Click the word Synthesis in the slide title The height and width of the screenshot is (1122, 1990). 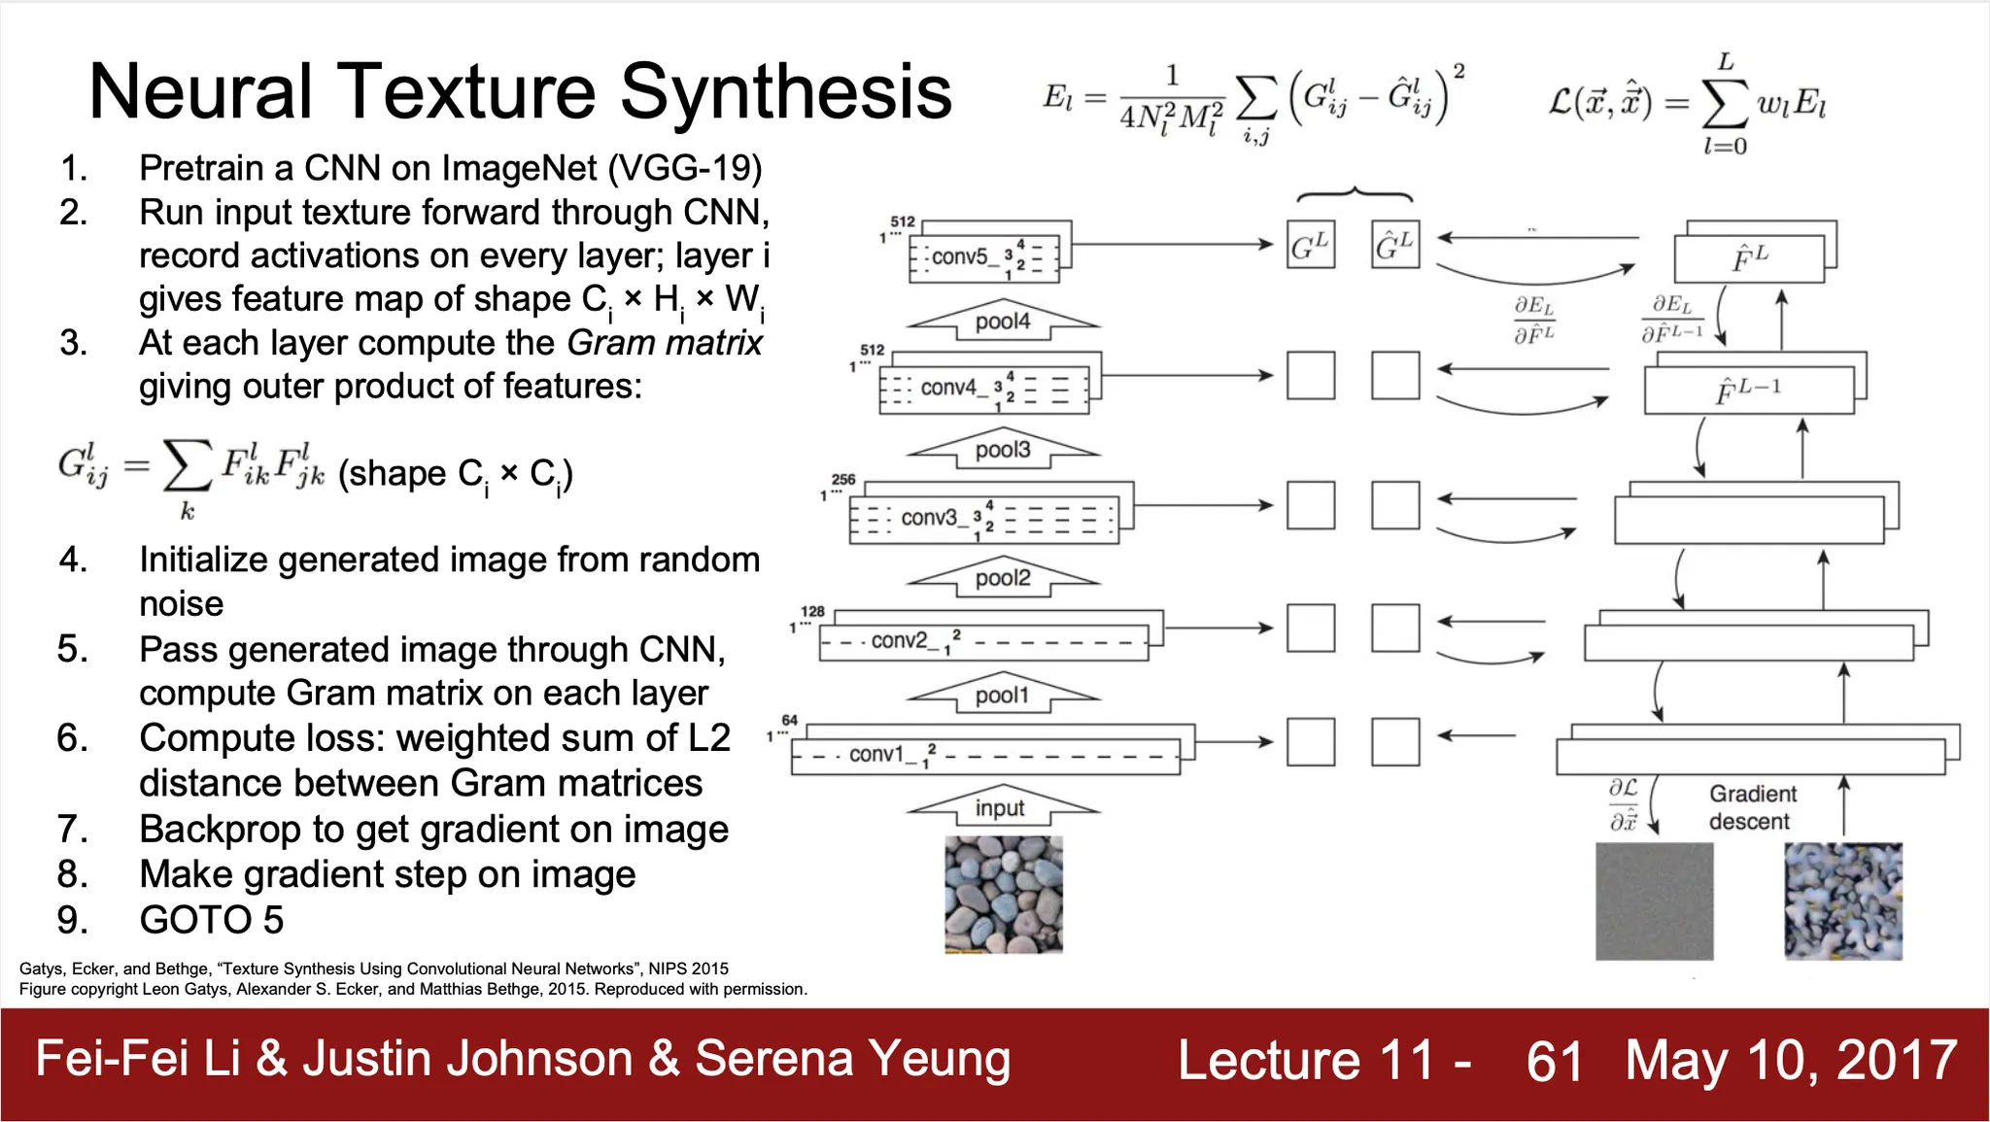[786, 92]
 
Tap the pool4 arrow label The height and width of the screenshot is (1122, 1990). [1002, 322]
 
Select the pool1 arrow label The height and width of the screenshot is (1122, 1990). [1002, 696]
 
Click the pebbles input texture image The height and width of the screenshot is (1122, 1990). [1004, 894]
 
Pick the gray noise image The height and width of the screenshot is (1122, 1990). [1654, 901]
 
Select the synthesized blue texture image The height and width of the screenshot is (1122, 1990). [1843, 901]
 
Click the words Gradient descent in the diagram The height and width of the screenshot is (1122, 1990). [1752, 807]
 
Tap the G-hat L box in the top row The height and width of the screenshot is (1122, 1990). [1395, 245]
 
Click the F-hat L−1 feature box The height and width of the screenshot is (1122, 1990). [1749, 391]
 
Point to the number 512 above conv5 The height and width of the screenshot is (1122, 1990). [903, 221]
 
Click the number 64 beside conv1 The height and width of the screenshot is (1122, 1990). [790, 720]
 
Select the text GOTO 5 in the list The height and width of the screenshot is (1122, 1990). [212, 920]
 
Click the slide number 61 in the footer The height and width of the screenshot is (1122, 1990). [1555, 1061]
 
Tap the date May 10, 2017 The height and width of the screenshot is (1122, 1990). [1791, 1060]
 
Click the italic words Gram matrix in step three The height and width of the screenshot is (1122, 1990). [665, 343]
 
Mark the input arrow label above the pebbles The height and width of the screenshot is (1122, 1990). [1000, 808]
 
